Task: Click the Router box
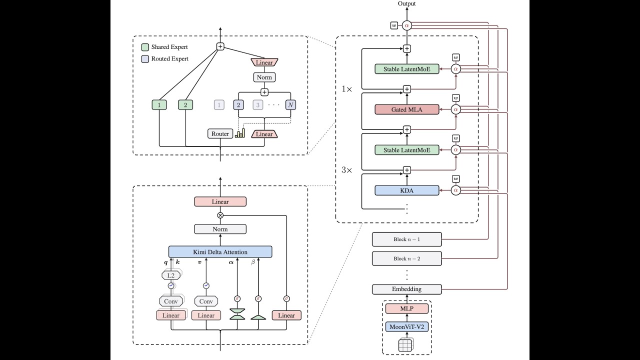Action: click(x=220, y=133)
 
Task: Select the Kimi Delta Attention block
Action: click(x=220, y=251)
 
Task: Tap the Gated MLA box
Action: click(x=406, y=109)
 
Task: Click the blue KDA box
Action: click(x=406, y=190)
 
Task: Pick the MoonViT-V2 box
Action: click(x=406, y=327)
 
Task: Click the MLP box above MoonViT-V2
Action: click(x=406, y=308)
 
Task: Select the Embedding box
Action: click(x=406, y=289)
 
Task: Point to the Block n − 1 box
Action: click(x=406, y=239)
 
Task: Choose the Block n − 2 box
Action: click(x=406, y=258)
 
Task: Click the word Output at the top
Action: click(x=406, y=3)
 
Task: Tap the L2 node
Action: click(x=171, y=275)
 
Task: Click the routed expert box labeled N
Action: click(x=290, y=105)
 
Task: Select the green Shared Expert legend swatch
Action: click(x=145, y=47)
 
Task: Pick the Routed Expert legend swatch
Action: click(x=145, y=59)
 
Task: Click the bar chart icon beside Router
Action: click(x=240, y=133)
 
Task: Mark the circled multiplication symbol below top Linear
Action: click(x=220, y=215)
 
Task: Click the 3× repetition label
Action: click(x=347, y=170)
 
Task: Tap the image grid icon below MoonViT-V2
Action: click(x=405, y=345)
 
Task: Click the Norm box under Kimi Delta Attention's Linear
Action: click(x=220, y=229)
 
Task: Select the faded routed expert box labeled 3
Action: click(x=257, y=105)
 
